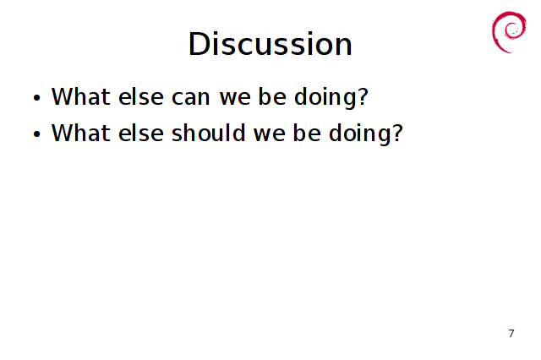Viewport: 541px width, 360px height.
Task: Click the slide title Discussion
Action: [270, 44]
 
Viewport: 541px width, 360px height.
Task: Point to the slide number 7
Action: [511, 334]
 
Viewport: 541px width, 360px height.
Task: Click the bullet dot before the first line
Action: [37, 97]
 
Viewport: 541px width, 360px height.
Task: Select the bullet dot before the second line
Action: [37, 134]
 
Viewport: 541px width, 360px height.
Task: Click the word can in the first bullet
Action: [190, 97]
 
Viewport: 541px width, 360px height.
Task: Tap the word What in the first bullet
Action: [81, 96]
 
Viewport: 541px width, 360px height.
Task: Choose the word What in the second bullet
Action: [81, 133]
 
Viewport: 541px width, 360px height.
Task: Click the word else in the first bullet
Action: [141, 96]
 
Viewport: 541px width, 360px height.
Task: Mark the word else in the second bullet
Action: [141, 133]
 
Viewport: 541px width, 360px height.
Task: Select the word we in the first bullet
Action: [235, 98]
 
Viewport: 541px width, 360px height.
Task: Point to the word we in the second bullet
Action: [270, 134]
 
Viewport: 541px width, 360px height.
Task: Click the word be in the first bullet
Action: [272, 96]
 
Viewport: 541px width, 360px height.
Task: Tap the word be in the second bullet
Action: [307, 133]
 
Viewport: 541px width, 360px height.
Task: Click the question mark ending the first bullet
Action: [363, 96]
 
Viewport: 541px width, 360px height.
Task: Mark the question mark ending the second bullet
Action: [397, 133]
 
